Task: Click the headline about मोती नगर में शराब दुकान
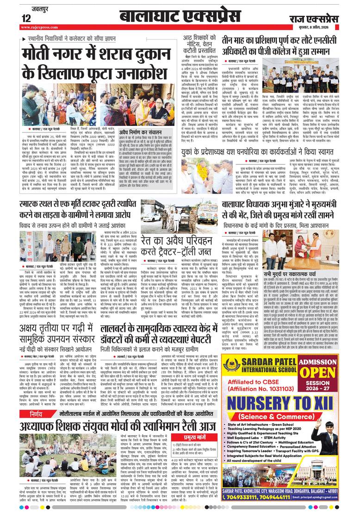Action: coord(94,65)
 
